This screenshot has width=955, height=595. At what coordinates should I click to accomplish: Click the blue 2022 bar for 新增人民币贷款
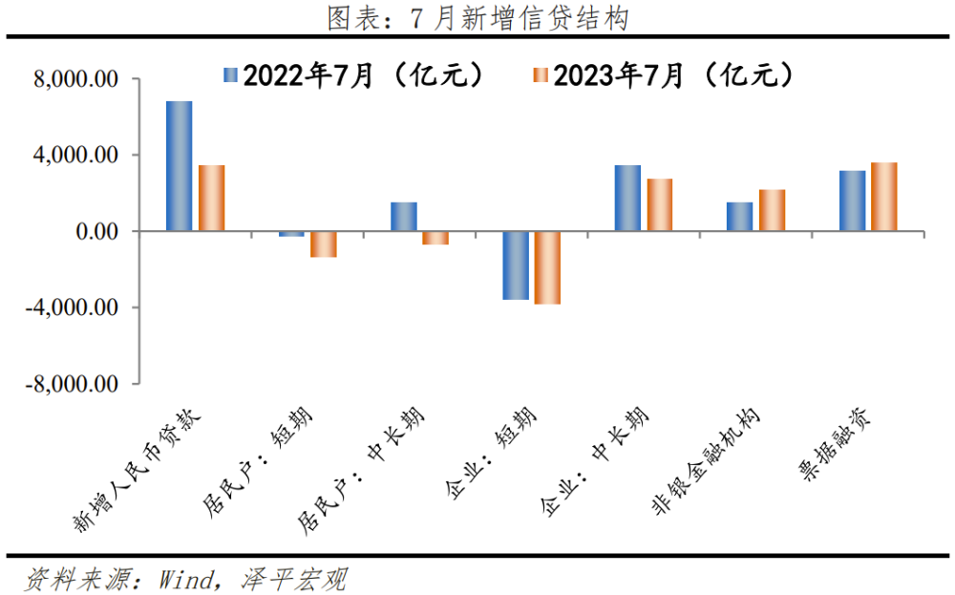click(180, 166)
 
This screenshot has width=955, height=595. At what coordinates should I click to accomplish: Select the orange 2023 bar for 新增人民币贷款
click(212, 198)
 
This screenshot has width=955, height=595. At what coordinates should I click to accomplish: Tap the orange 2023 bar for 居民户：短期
click(324, 244)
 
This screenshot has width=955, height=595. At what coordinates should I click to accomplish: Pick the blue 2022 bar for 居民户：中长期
click(404, 217)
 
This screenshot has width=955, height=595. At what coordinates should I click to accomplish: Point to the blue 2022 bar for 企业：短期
click(516, 266)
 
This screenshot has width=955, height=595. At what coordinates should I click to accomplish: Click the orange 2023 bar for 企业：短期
click(547, 268)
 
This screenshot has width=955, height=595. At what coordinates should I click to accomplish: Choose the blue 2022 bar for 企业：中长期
click(628, 198)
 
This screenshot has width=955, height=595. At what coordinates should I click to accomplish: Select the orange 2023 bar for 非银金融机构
click(773, 211)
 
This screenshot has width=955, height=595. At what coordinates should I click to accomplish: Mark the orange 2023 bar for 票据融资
click(884, 197)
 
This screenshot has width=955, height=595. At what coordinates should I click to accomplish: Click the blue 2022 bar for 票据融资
click(853, 201)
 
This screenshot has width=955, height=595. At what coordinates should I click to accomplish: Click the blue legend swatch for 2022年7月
click(230, 74)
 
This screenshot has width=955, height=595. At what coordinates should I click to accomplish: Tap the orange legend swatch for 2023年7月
click(541, 74)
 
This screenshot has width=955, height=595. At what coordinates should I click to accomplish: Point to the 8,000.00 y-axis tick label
click(76, 79)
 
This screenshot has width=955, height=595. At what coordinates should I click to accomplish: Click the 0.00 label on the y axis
click(96, 231)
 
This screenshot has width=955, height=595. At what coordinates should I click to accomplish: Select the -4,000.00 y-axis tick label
click(72, 308)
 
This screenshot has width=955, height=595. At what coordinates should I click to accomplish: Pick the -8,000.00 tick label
click(72, 384)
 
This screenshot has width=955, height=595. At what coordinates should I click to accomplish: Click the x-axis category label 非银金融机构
click(707, 461)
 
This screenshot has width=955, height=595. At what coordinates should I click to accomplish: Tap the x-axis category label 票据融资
click(835, 444)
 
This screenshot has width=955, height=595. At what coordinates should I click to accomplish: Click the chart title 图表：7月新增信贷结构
click(478, 18)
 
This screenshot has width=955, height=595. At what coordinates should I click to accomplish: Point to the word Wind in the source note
click(187, 580)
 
